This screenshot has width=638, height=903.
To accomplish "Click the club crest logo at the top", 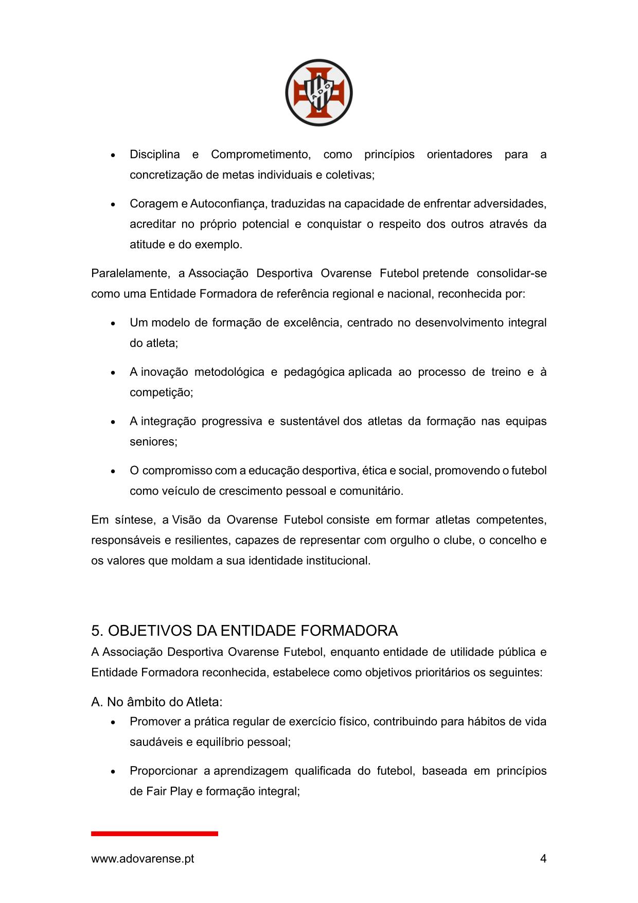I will (x=318, y=93).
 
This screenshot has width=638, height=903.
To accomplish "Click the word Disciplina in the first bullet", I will (x=154, y=154).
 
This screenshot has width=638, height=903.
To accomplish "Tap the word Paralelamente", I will (x=130, y=273).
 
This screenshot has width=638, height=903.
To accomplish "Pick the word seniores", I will (x=153, y=442).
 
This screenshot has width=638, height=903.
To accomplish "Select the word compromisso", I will (x=177, y=471).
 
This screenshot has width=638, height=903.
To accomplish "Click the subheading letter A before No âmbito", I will (x=96, y=702).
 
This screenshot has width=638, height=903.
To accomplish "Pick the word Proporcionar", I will (x=163, y=771).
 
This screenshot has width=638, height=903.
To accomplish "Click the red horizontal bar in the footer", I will (x=154, y=833).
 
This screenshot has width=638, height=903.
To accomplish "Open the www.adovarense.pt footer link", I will (x=143, y=859).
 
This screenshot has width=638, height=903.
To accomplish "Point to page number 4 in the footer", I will (x=543, y=858).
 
